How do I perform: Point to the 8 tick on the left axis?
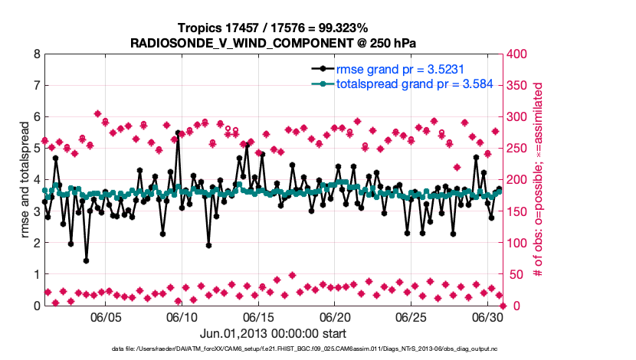pyautogui.click(x=37, y=54)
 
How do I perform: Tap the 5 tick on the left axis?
pyautogui.click(x=37, y=149)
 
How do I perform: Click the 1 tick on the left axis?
pyautogui.click(x=37, y=274)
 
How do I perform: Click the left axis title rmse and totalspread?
pyautogui.click(x=25, y=180)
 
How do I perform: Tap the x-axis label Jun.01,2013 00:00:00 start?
pyautogui.click(x=274, y=333)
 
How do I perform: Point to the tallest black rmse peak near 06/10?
pyautogui.click(x=178, y=133)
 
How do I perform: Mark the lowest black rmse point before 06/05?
pyautogui.click(x=86, y=260)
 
